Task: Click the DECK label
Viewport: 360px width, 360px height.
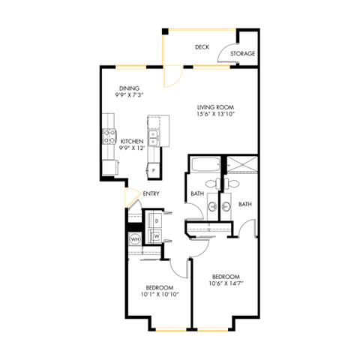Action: [x=202, y=47]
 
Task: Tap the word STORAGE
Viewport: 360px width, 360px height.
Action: [x=242, y=54]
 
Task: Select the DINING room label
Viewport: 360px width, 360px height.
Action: [x=128, y=88]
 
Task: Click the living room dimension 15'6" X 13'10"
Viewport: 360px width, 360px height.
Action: [x=216, y=115]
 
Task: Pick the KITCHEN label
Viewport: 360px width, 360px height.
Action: [x=132, y=141]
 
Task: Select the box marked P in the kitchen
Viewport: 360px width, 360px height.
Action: [x=154, y=170]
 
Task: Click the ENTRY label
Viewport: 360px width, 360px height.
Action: [x=151, y=193]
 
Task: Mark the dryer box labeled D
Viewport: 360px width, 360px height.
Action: [x=157, y=221]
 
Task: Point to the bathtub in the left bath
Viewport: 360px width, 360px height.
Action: [x=203, y=166]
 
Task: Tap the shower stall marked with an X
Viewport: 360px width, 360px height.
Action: [x=241, y=165]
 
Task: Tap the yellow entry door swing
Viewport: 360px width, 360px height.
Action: [x=132, y=198]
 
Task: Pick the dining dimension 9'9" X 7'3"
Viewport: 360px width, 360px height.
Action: [x=128, y=96]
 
